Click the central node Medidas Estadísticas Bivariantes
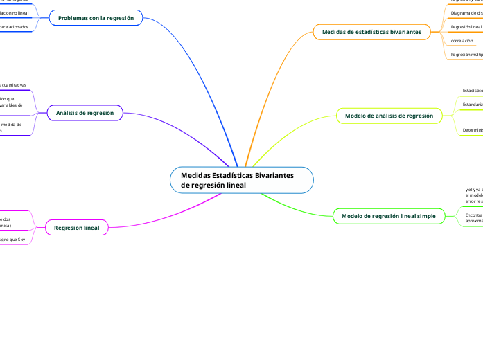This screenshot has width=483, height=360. (241, 180)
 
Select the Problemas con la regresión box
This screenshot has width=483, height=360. (96, 17)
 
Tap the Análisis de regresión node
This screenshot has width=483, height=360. (85, 112)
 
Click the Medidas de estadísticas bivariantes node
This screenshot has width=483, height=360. (371, 32)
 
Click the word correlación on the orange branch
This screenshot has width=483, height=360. (462, 41)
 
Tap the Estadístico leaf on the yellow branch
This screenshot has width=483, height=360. (473, 91)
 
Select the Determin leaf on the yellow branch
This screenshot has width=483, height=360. (473, 129)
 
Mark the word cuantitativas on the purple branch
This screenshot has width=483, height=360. (15, 84)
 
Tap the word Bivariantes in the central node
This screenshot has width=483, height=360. (274, 175)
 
